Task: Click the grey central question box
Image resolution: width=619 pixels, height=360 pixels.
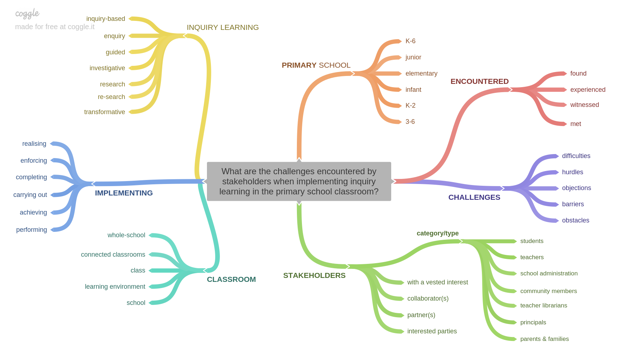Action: [299, 181]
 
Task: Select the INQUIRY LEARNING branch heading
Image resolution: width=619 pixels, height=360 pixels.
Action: [222, 27]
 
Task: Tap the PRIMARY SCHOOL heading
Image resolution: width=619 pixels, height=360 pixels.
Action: [316, 65]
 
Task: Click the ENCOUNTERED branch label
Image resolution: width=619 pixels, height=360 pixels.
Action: [479, 81]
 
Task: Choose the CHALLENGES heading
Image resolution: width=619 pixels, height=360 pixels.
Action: [474, 197]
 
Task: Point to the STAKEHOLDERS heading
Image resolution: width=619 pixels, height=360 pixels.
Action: [314, 275]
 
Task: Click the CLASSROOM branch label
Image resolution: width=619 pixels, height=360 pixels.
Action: [231, 279]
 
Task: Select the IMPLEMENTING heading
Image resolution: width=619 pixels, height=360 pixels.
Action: [124, 193]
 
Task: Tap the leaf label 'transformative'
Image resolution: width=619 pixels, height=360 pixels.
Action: [104, 112]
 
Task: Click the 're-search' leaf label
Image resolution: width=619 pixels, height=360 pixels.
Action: [111, 97]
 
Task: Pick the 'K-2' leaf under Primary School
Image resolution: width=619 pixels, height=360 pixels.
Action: [410, 105]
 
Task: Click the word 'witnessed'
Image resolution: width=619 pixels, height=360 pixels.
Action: [584, 105]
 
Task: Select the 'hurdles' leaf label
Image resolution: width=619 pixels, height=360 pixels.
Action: [572, 172]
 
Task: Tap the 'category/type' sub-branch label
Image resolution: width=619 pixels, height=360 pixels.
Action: [437, 233]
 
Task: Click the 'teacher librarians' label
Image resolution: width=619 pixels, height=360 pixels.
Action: [543, 305]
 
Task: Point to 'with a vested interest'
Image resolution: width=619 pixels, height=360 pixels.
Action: [437, 282]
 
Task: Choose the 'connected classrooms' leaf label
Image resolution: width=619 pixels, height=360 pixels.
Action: [113, 255]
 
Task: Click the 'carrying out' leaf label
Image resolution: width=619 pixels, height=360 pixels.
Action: [30, 195]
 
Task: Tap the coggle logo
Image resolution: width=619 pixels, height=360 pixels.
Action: [27, 14]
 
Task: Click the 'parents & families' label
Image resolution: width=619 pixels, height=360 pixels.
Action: [544, 339]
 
